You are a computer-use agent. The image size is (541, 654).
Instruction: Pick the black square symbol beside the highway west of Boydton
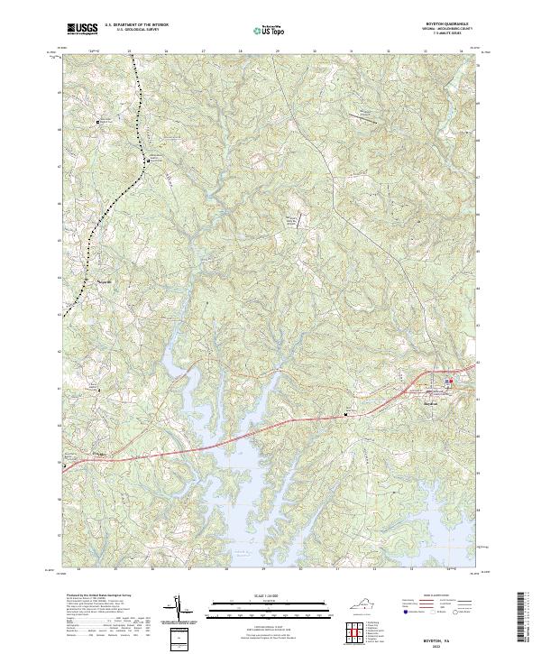[x=345, y=414]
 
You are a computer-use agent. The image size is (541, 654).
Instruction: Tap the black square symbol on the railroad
[x=149, y=161]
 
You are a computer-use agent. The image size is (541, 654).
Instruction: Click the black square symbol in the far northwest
[x=99, y=121]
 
